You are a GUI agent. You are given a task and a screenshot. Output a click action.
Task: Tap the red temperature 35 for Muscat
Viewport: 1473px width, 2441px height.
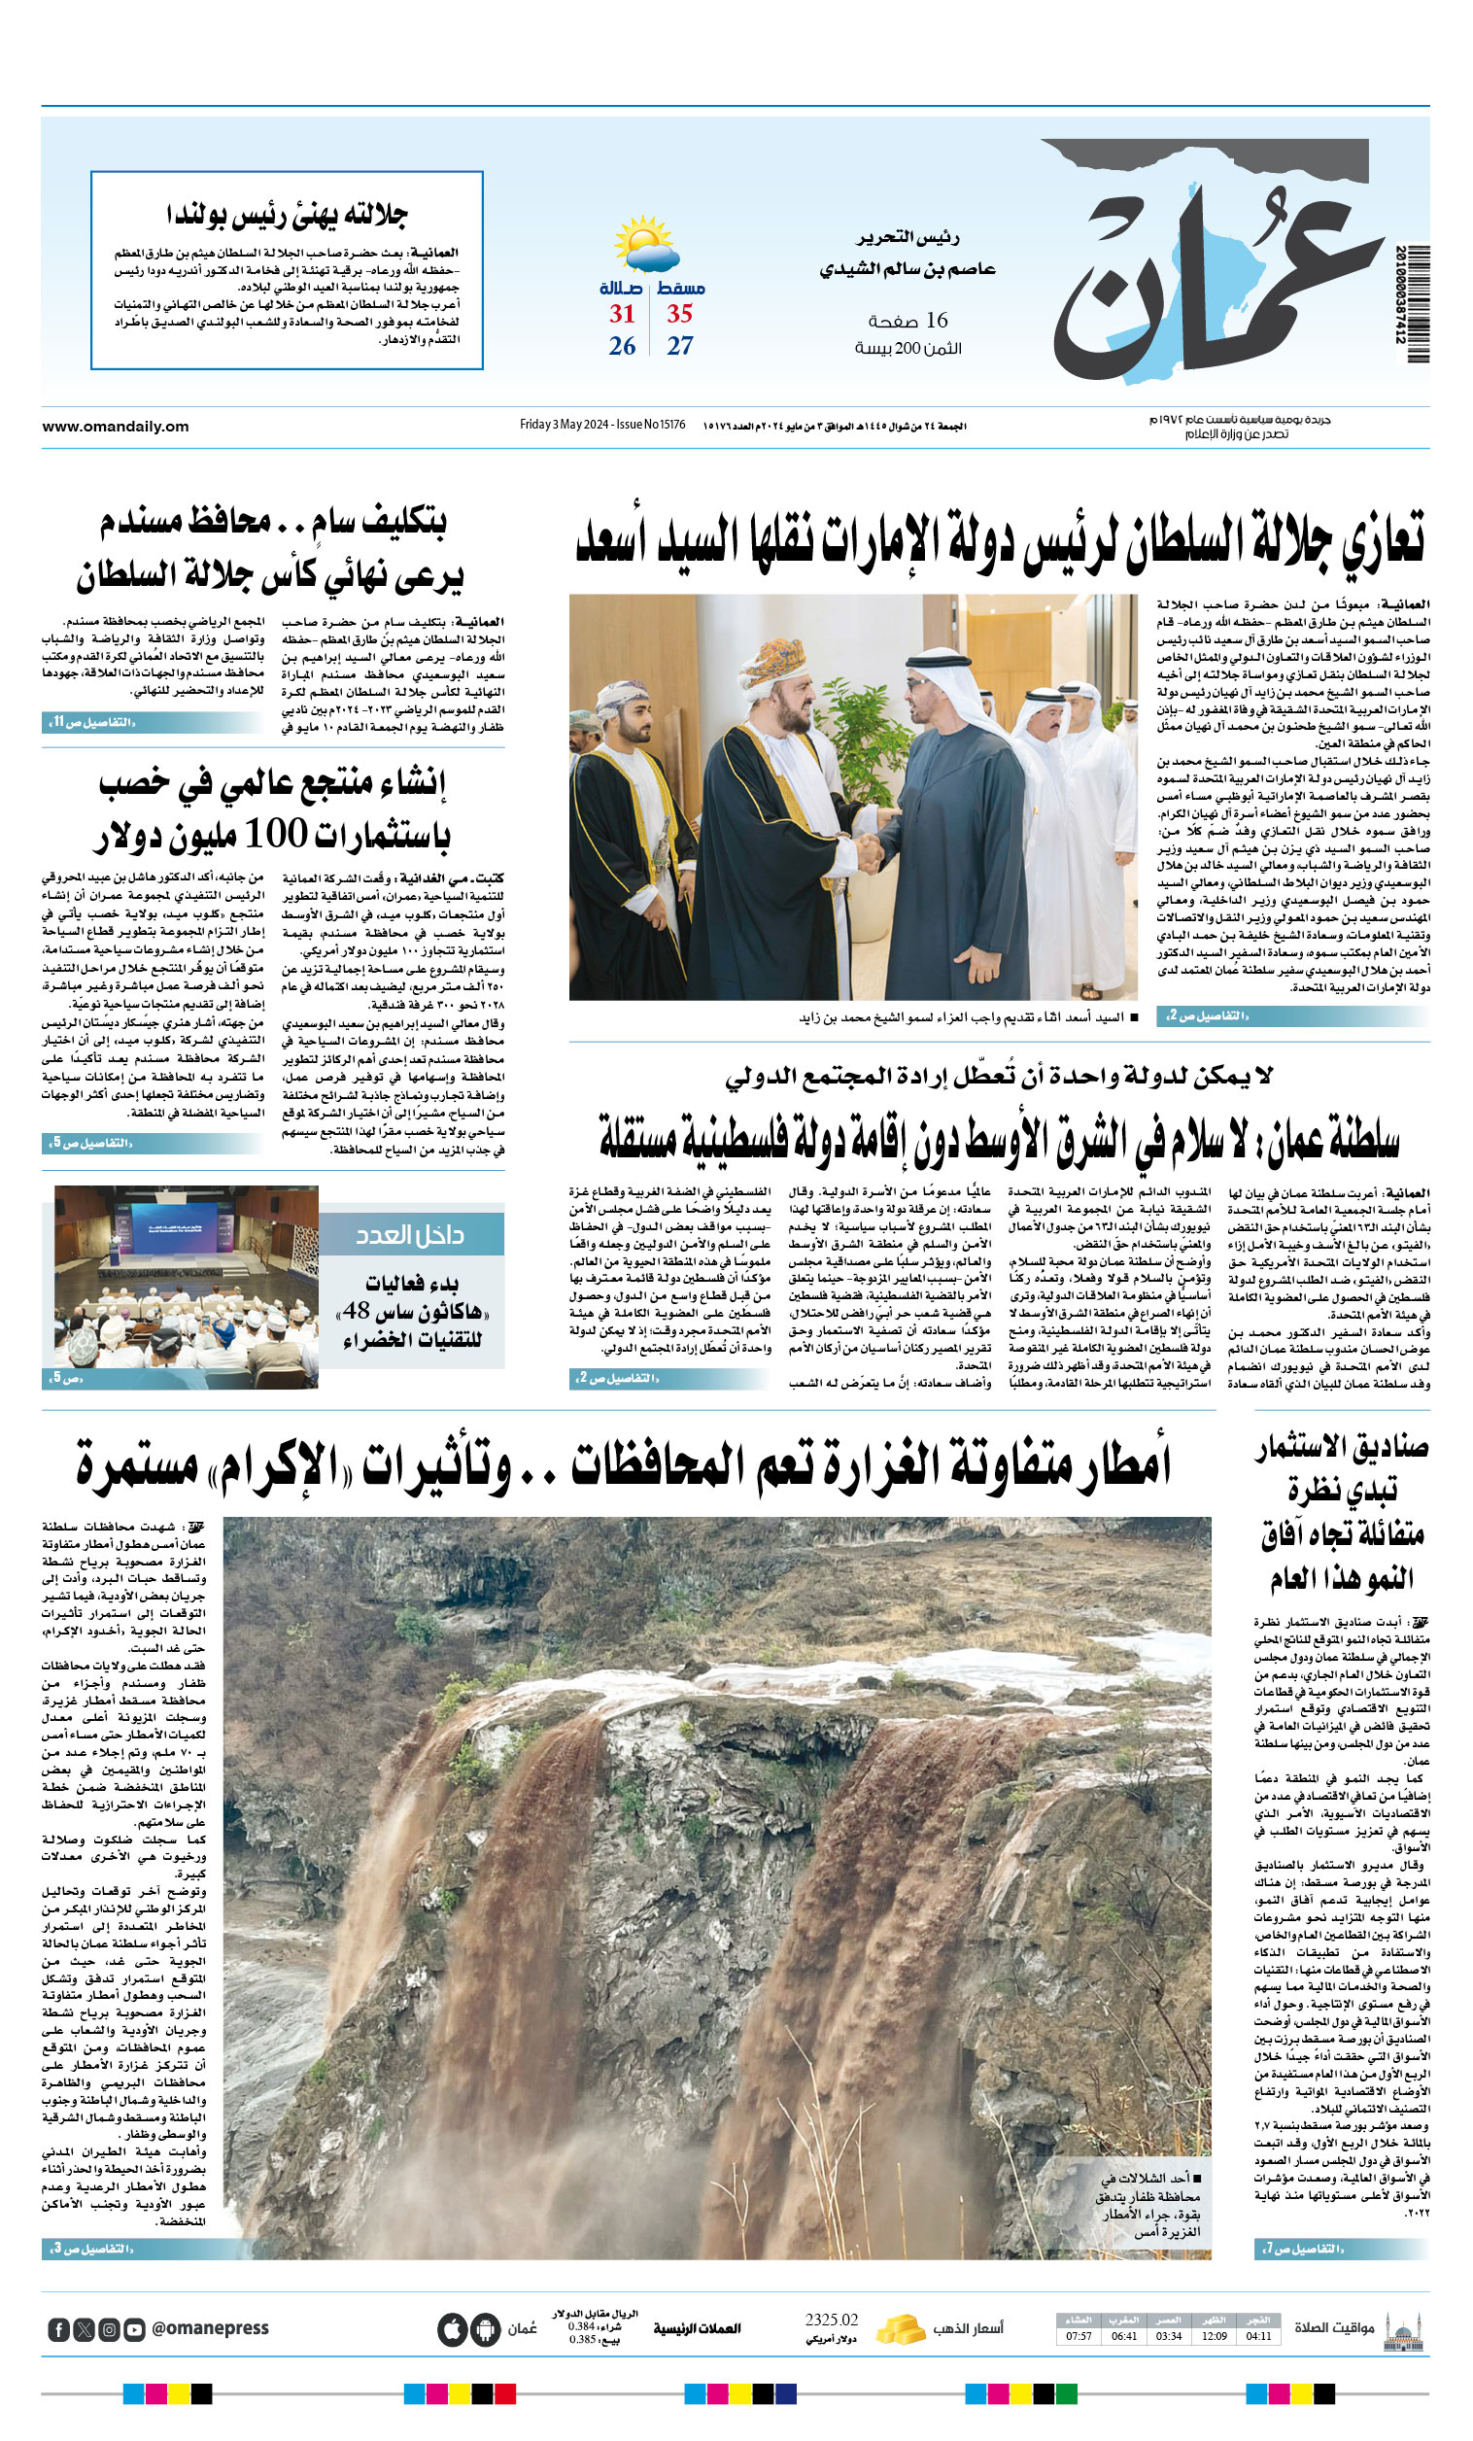678,314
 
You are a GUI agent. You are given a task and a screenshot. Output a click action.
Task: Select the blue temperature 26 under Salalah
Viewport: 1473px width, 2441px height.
622,346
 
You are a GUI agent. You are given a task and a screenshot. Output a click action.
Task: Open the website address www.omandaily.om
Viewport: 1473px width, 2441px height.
115,426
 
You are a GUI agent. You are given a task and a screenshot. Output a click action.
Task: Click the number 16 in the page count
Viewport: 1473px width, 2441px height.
937,320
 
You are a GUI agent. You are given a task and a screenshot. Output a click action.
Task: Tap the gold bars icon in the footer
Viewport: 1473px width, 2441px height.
900,2328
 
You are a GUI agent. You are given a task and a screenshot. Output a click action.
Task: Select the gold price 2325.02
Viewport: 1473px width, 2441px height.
831,2321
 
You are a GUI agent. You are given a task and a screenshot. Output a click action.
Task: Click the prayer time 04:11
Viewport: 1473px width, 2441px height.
1258,2336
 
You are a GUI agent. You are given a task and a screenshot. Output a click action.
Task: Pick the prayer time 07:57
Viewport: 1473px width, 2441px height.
1079,2336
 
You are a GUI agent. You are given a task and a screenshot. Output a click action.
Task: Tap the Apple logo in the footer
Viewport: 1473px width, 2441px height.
452,2329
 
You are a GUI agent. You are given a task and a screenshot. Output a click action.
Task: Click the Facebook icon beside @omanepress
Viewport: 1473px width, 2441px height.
58,2329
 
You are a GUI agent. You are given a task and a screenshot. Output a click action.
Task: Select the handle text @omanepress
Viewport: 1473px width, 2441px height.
210,2328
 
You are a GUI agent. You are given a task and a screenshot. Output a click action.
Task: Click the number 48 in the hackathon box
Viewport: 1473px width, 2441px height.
356,1311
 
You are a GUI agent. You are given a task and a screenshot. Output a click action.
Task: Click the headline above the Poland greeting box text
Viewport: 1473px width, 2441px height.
288,214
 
